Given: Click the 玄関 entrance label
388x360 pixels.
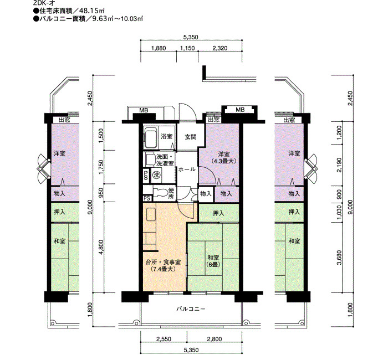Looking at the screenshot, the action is point(191,137).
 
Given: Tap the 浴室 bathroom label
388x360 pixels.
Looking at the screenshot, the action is point(166,136).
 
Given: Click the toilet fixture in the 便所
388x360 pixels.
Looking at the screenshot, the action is point(160,192).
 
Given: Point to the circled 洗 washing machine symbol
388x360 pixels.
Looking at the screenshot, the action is point(156,175).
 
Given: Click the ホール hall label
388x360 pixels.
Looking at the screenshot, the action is point(187,169).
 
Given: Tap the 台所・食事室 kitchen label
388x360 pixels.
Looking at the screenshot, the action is point(164,265).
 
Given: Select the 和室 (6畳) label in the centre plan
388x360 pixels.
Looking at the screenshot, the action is point(213,261).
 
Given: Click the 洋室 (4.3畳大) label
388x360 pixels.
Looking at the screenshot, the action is point(224,157).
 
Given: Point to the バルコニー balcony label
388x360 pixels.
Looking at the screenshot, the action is point(191,309).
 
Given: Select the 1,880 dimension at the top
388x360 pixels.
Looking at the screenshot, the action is point(159,48).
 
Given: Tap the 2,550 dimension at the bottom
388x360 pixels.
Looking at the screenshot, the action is point(164,339).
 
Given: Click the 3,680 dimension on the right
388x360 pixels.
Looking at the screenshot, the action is point(339,258).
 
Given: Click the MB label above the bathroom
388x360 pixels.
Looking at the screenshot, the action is point(144,110).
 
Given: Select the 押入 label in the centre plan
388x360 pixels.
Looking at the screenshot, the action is point(218,213).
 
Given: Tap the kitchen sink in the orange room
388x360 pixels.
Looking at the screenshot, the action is point(151,214).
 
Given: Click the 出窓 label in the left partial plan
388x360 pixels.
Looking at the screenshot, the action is point(64,120).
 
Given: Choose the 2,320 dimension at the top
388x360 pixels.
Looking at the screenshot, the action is point(220,48).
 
